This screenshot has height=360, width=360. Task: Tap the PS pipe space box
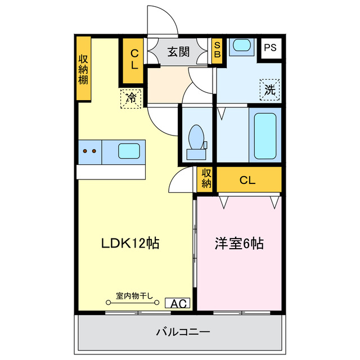point(270,48)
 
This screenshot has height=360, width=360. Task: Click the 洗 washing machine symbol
point(270,89)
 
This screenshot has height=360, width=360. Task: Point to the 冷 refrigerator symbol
point(130,98)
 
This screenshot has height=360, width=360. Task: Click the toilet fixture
point(196,138)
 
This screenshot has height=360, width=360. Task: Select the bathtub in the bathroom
point(264,137)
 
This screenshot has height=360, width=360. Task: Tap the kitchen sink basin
point(129,150)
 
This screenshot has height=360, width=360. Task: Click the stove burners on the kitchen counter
point(89,151)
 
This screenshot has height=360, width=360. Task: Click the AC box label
point(178,304)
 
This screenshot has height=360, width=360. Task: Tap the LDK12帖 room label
point(130,243)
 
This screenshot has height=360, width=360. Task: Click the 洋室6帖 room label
point(239,243)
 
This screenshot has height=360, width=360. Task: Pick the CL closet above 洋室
point(247,181)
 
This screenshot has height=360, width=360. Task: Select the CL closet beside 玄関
point(134,59)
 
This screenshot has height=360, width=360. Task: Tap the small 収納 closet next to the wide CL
point(206,179)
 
